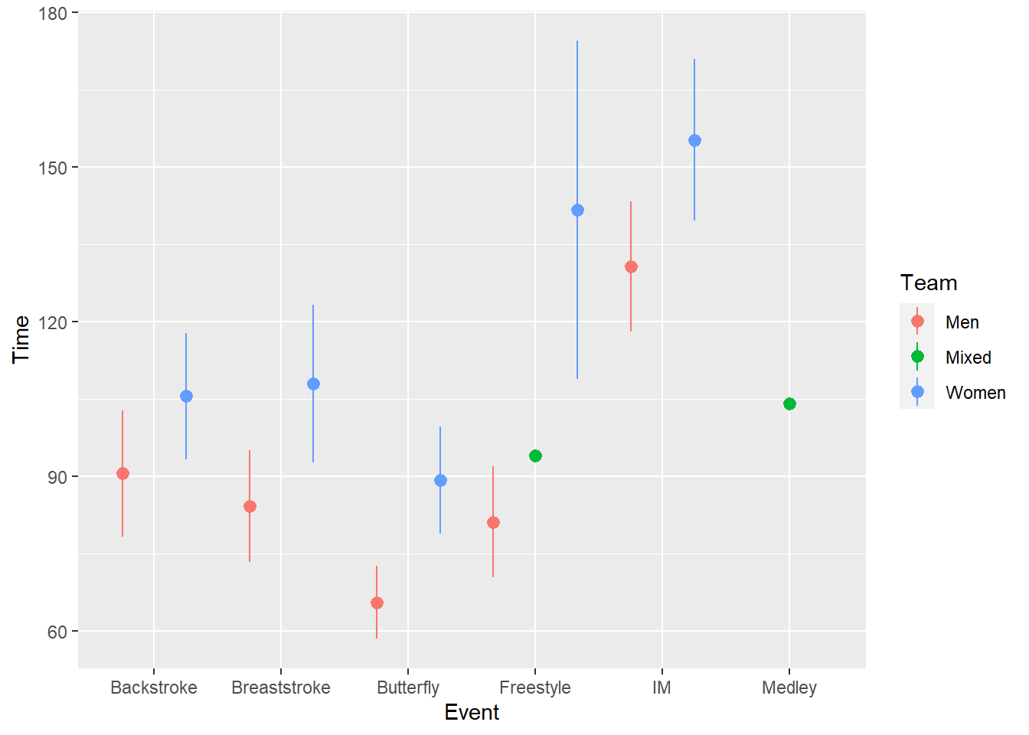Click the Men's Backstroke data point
[x=122, y=473]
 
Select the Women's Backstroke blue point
[x=186, y=396]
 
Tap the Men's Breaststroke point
[x=250, y=506]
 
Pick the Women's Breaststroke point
[x=313, y=384]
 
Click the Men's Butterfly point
[x=377, y=603]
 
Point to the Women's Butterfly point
[x=440, y=480]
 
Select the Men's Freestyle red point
[x=493, y=522]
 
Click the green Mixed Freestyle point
[x=535, y=456]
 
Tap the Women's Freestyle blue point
[x=577, y=210]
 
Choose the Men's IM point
[x=631, y=266]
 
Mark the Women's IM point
[x=694, y=140]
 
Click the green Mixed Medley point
[x=789, y=403]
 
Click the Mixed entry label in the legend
[x=968, y=358]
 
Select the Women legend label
[x=975, y=393]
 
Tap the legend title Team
[x=929, y=283]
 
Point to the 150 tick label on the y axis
[x=53, y=168]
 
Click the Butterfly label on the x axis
[x=408, y=688]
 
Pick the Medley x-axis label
[x=789, y=688]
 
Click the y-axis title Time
[x=21, y=339]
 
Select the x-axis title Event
[x=472, y=713]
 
